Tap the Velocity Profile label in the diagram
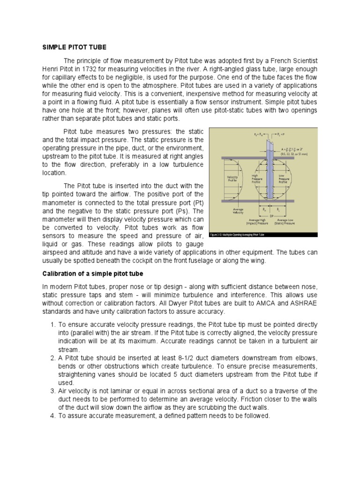(x=232, y=179)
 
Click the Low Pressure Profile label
(x=284, y=179)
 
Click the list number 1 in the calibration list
(x=52, y=324)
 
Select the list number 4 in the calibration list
(x=52, y=416)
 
